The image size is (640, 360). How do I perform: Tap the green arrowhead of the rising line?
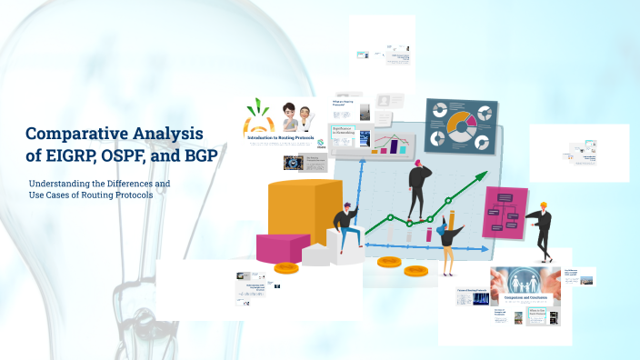(478, 177)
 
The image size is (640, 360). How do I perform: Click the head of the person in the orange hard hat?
(543, 207)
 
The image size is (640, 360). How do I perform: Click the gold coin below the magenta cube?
(287, 267)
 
